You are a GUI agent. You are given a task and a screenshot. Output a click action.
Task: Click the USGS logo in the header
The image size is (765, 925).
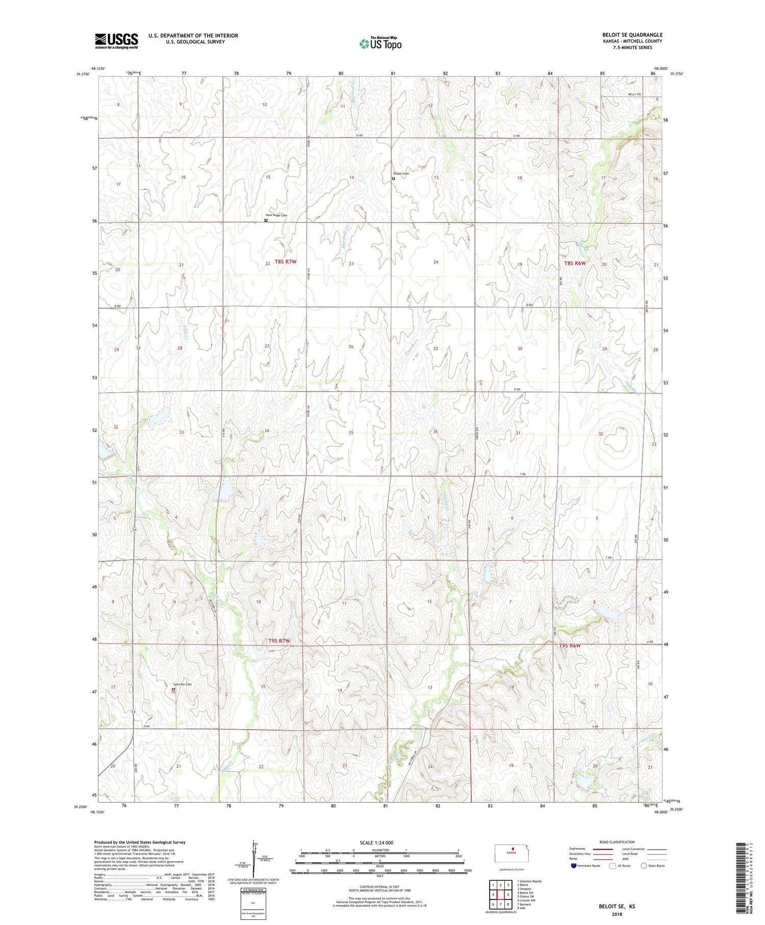pos(116,41)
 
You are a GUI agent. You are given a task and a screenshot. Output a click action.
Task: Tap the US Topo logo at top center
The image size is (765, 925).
pos(380,44)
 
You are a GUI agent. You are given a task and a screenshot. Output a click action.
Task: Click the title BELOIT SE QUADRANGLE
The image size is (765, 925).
pos(632,35)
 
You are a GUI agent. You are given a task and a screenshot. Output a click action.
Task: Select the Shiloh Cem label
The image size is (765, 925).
pos(402,173)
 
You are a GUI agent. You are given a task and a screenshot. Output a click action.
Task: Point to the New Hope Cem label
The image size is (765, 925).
pos(276,215)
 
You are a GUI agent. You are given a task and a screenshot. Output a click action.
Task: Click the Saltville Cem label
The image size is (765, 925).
pos(182,684)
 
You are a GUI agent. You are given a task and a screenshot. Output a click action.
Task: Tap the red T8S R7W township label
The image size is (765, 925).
pos(285,262)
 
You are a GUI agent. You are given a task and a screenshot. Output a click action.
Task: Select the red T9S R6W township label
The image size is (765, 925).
pos(569,645)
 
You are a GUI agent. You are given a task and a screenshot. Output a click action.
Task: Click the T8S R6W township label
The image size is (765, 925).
pos(575,263)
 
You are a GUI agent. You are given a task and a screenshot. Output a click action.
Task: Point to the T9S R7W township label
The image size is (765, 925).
pos(279,640)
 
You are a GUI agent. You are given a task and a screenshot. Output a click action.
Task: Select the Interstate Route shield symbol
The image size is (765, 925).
pos(574,866)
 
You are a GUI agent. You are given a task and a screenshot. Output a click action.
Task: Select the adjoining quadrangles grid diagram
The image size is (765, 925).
pos(501,894)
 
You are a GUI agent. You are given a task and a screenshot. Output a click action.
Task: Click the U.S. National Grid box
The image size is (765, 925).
pos(253,904)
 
